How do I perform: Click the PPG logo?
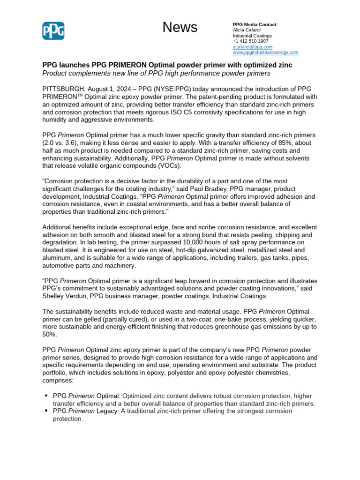point(53,31)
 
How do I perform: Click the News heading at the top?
point(180,28)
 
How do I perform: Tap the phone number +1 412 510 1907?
point(251,41)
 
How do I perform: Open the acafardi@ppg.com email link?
point(252,47)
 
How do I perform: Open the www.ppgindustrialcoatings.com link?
point(265,52)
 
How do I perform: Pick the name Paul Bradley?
point(250,189)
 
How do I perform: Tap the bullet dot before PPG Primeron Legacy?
point(46,411)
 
